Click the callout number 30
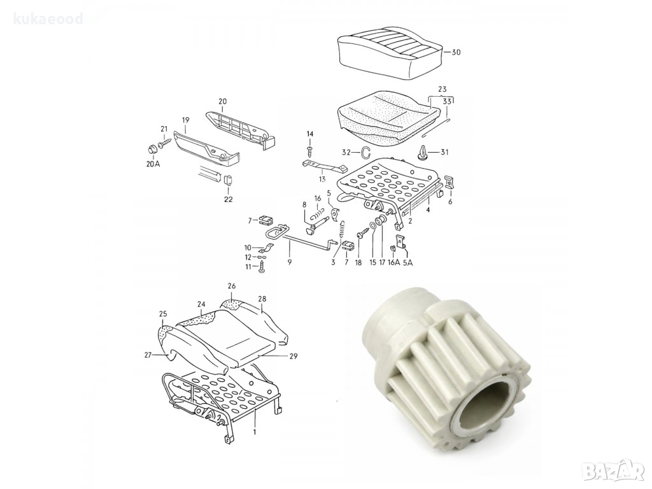click(x=456, y=52)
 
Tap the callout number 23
click(x=442, y=89)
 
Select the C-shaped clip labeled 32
click(x=365, y=153)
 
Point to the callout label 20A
click(x=153, y=164)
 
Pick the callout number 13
click(x=322, y=179)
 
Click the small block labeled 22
click(x=229, y=180)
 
